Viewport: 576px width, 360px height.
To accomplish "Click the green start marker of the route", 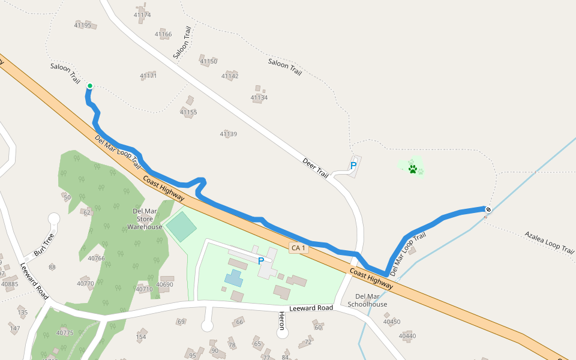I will tap(89, 86).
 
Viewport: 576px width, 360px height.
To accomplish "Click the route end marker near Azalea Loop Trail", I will tap(488, 209).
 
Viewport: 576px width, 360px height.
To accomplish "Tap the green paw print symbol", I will tap(412, 169).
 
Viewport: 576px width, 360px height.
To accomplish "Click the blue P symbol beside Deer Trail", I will tap(353, 165).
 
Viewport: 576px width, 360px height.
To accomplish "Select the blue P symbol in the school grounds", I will tap(261, 261).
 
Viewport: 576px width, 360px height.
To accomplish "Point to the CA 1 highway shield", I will tap(298, 248).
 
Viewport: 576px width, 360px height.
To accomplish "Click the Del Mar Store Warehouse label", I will tap(145, 219).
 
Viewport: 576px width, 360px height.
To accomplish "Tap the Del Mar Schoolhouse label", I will tap(368, 300).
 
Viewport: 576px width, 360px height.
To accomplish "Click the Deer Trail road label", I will tap(316, 168).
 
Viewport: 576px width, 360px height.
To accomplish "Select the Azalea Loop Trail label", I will tap(549, 242).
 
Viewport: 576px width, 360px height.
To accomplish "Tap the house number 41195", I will tap(83, 25).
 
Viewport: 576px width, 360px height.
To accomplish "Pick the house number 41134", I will tap(259, 98).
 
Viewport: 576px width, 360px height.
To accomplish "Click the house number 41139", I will tap(228, 134).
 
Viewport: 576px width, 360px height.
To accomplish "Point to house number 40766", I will tap(96, 259).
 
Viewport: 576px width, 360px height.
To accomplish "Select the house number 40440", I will tap(407, 335).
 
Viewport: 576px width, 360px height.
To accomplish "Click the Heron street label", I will tap(281, 321).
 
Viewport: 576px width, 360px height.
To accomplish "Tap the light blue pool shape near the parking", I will tap(233, 277).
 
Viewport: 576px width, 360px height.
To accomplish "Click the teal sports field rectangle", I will tap(181, 227).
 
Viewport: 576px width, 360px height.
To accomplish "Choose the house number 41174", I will tap(142, 14).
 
